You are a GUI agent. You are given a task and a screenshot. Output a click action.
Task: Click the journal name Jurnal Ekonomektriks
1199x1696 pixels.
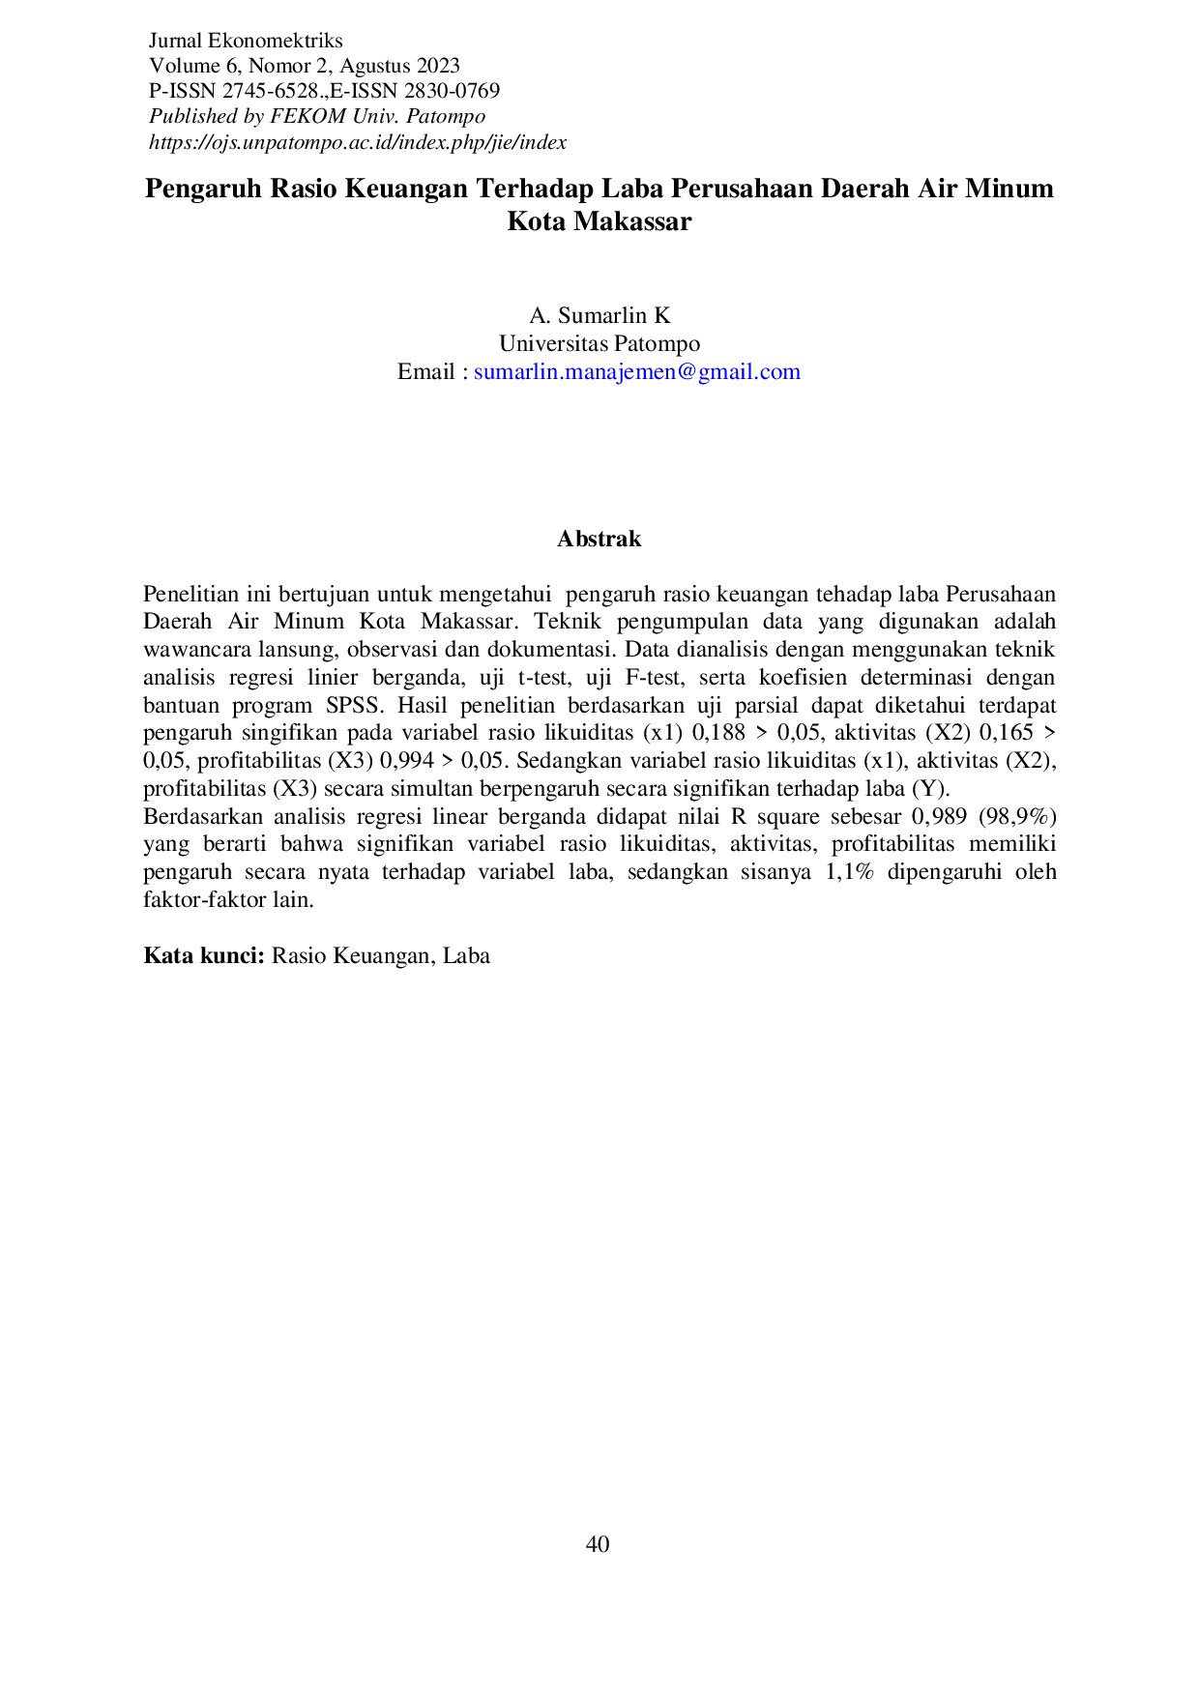pos(246,41)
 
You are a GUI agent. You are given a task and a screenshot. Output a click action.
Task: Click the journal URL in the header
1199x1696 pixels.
pos(357,142)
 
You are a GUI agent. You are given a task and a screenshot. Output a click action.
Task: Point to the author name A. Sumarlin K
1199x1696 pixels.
pos(599,315)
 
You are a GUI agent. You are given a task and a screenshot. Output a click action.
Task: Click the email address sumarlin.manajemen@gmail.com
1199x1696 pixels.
pos(636,371)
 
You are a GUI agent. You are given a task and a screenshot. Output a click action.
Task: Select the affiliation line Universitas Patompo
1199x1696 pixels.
pos(599,343)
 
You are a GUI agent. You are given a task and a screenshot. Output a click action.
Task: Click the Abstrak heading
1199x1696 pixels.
pos(599,540)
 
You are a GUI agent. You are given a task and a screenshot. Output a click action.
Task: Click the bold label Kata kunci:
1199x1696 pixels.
pos(204,955)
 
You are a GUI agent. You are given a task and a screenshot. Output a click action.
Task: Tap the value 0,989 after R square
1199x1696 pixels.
pos(939,816)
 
